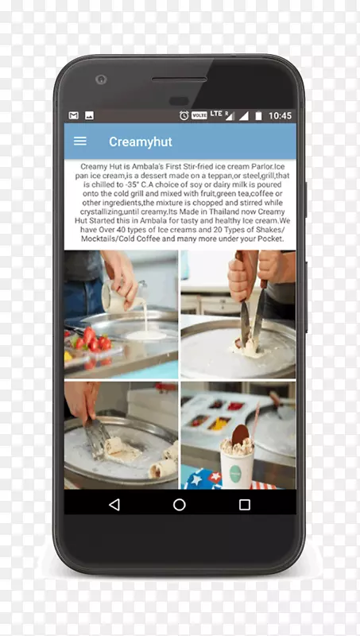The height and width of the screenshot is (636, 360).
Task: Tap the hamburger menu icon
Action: coord(79,142)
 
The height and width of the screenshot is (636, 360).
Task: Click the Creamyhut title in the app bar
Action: coord(141,142)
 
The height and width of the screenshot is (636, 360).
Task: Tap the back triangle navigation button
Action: coord(114,505)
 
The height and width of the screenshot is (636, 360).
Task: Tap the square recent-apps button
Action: coord(245,505)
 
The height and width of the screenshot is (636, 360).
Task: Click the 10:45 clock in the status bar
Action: coord(280,115)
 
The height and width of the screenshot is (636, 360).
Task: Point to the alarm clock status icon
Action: coord(184,115)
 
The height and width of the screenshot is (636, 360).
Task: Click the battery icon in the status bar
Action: coord(258,115)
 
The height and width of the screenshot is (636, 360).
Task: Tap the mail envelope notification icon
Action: coord(73,115)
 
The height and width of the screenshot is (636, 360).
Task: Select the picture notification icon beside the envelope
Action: coord(89,115)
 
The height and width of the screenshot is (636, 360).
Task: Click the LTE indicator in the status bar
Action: coord(216,114)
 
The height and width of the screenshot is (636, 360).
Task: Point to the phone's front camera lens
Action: coord(101,79)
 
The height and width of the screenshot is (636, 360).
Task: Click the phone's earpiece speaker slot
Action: coord(179,79)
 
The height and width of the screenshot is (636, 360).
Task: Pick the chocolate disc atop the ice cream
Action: coord(241,435)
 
